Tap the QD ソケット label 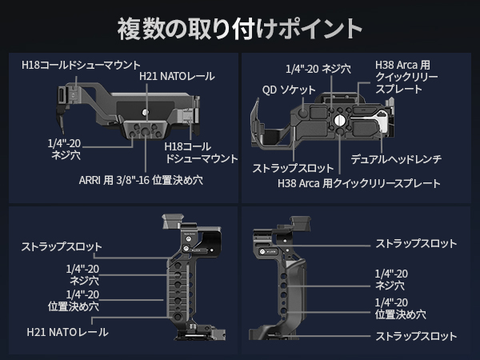coord(289,90)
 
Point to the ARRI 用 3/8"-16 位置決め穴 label coord(141,180)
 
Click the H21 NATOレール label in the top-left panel coord(177,76)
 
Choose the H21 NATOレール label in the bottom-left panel coord(67,331)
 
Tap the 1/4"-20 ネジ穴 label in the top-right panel coord(318,69)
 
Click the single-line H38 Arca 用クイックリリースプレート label coord(359,183)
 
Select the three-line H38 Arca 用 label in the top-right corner coord(409,76)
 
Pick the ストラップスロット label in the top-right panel coord(293,168)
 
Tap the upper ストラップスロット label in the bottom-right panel coord(416,243)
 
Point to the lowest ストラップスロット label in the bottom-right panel coord(416,336)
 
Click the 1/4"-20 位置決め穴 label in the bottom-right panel coord(400,308)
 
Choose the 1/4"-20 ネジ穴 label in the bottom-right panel coord(391,278)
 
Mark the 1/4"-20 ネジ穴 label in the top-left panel coord(64,150)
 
